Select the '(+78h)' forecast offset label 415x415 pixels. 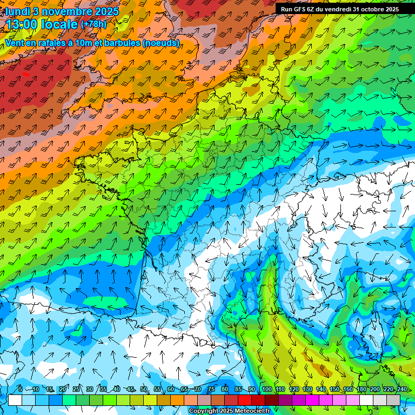coord(93,24)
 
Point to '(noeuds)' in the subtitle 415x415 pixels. coord(162,43)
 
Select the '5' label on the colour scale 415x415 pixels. coord(21,389)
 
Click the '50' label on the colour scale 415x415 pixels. coord(143,389)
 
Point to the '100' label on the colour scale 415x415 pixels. coord(266,389)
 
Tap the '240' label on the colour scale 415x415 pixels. coord(402,389)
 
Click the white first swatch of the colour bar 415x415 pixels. coord(15,400)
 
